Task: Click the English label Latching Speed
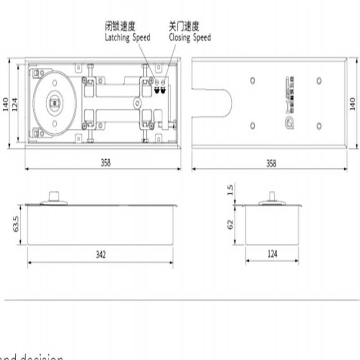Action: pyautogui.click(x=127, y=38)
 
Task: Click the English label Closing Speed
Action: pyautogui.click(x=189, y=38)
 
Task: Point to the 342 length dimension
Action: pyautogui.click(x=100, y=255)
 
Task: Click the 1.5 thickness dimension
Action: pyautogui.click(x=231, y=190)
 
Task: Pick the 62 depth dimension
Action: pyautogui.click(x=230, y=224)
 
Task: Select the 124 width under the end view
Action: pyautogui.click(x=272, y=255)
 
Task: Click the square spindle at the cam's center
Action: pyautogui.click(x=54, y=103)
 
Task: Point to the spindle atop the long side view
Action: pyautogui.click(x=54, y=197)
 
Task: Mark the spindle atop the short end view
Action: pyautogui.click(x=273, y=197)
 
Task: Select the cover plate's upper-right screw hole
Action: pyautogui.click(x=319, y=81)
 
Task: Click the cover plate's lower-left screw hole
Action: pyautogui.click(x=252, y=125)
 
